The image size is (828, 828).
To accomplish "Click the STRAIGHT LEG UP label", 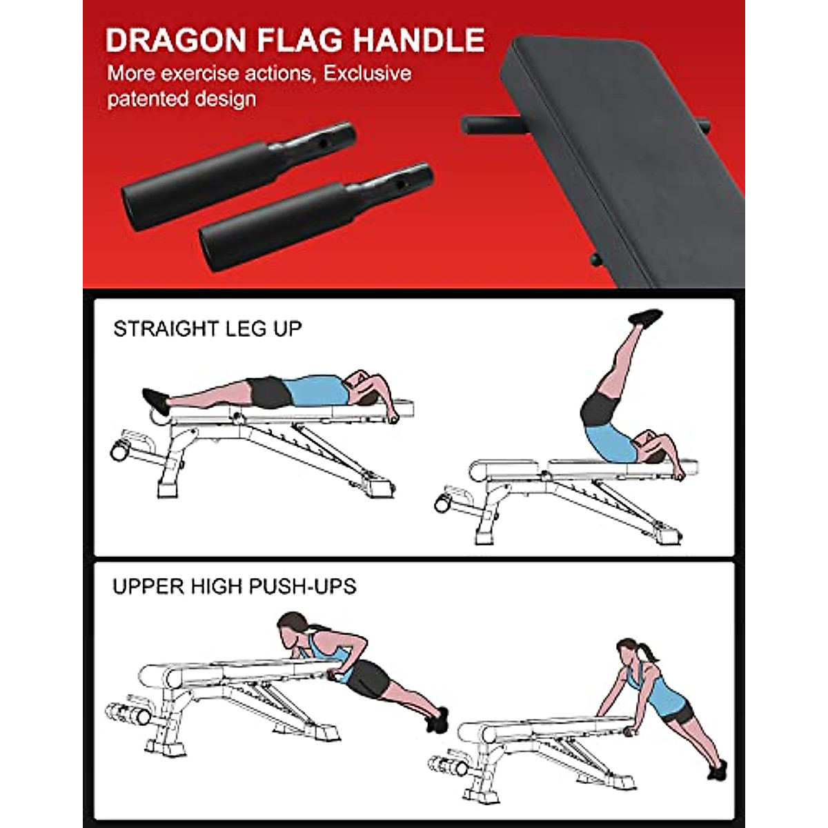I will tap(208, 328).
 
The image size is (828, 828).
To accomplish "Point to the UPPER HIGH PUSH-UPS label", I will tap(235, 586).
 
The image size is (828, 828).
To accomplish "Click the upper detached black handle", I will tap(238, 161).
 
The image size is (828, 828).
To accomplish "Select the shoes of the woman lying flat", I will tap(155, 400).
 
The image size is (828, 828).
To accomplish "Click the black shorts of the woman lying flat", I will tap(270, 391).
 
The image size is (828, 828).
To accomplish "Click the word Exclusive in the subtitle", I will tap(368, 73).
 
